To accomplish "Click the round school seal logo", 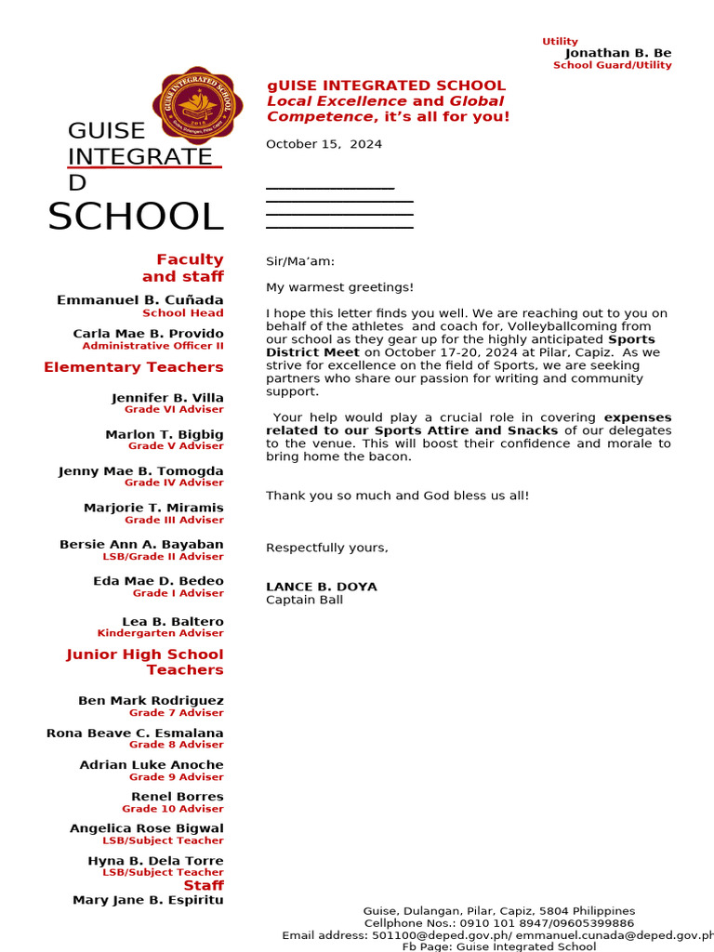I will click(197, 107).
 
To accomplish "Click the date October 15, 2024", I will click(324, 144).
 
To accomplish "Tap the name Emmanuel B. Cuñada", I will click(140, 300).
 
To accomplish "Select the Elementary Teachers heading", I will click(134, 367).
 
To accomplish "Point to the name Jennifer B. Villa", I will click(167, 398).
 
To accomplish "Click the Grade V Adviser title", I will click(176, 446).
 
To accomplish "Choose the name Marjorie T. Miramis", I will click(153, 508).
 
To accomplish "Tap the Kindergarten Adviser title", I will click(160, 633).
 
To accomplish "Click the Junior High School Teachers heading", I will click(145, 662).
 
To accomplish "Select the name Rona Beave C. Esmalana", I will click(135, 733).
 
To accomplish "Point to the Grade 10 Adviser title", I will click(173, 809).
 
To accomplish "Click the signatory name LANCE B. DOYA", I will click(322, 587).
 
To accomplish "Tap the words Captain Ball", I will click(304, 600).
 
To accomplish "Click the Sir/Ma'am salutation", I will click(300, 262).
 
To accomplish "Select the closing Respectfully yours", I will click(327, 548).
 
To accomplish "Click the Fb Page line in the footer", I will click(498, 946).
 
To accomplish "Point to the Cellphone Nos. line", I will click(498, 923).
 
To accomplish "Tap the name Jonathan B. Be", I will click(617, 53).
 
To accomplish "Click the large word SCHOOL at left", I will click(136, 217).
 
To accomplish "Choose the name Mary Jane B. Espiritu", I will click(148, 900).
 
